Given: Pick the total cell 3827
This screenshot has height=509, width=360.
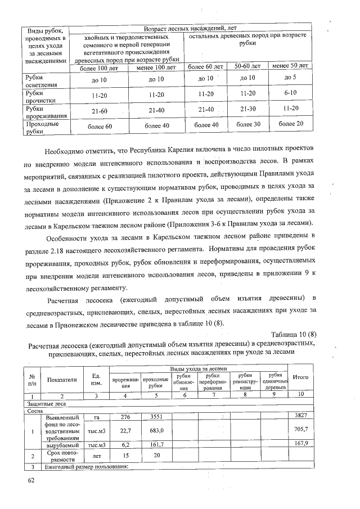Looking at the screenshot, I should click(303, 416).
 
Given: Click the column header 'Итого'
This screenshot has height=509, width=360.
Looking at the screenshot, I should click(303, 378).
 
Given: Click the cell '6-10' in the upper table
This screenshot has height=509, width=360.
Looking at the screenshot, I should click(291, 92).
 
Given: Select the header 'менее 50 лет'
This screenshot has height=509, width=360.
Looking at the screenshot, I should click(291, 67).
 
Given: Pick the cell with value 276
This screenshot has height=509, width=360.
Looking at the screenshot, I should click(125, 416).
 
